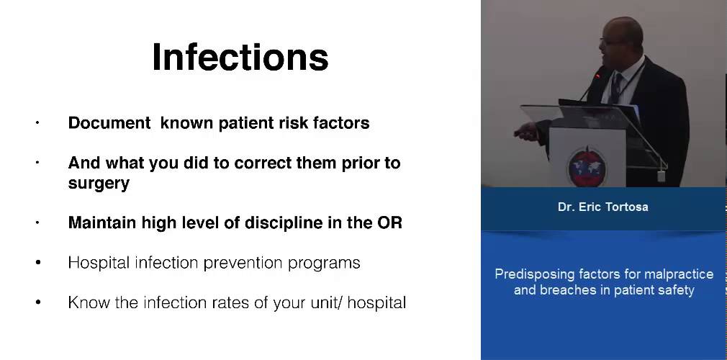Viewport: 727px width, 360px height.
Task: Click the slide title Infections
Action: click(240, 57)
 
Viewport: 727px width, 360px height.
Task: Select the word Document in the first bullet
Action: click(109, 123)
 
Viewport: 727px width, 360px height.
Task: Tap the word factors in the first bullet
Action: click(341, 123)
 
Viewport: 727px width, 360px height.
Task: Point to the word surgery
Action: click(99, 184)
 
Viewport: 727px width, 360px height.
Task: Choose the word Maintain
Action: click(102, 222)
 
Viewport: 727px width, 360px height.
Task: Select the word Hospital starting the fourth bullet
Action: click(96, 263)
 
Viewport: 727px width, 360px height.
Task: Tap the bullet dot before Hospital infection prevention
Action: click(38, 263)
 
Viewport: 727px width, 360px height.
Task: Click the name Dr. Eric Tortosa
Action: click(602, 207)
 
